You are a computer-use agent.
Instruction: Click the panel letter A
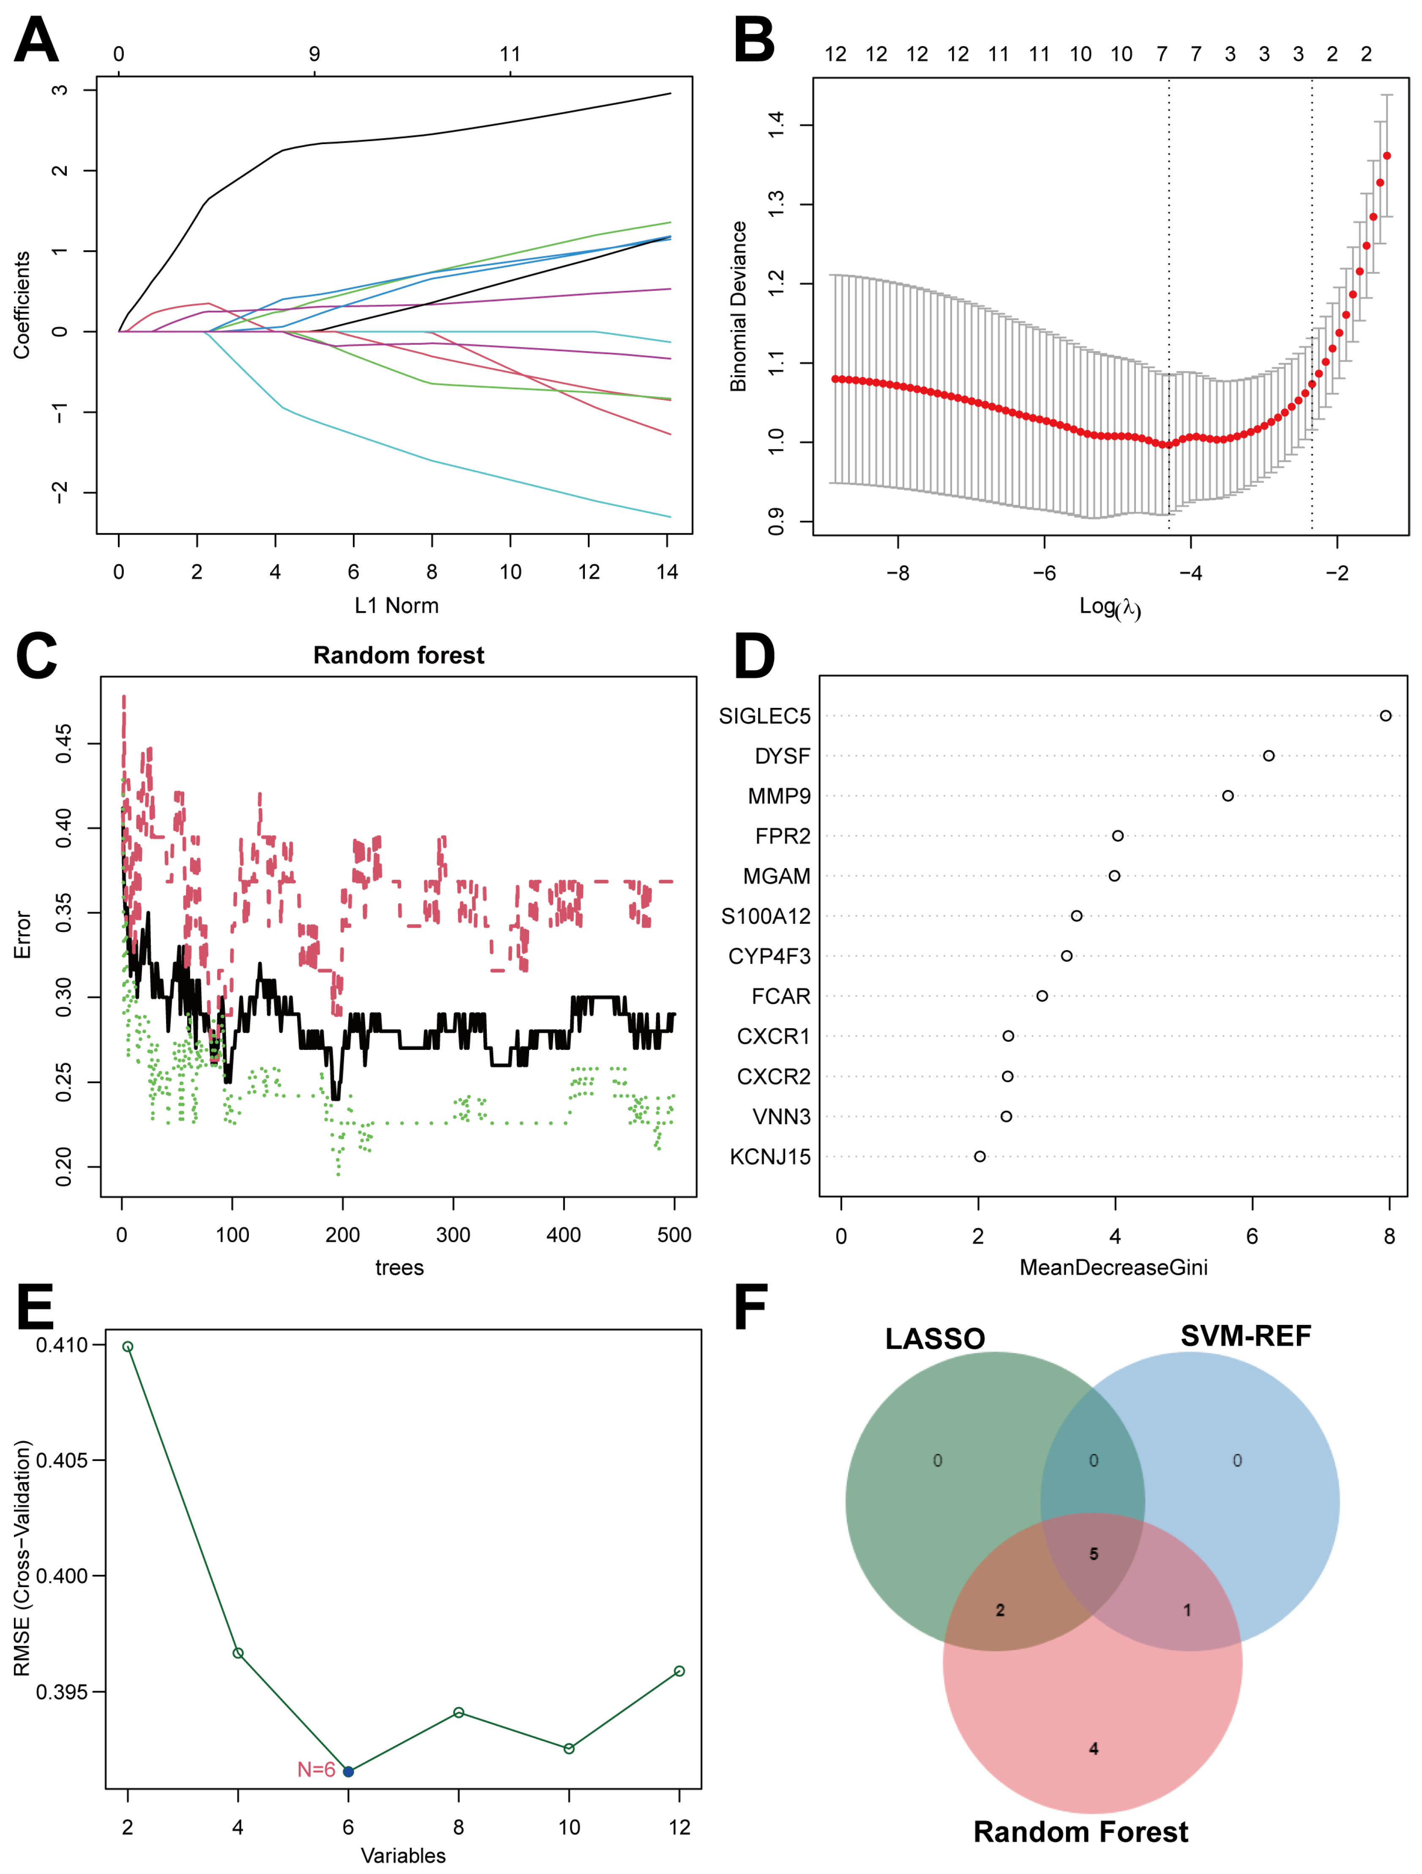tap(36, 41)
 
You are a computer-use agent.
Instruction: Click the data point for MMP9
tap(1227, 795)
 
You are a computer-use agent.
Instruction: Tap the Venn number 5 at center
tap(1093, 1554)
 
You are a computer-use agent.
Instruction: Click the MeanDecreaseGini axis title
tap(1113, 1268)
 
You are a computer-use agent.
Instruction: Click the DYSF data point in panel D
tap(1268, 756)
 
